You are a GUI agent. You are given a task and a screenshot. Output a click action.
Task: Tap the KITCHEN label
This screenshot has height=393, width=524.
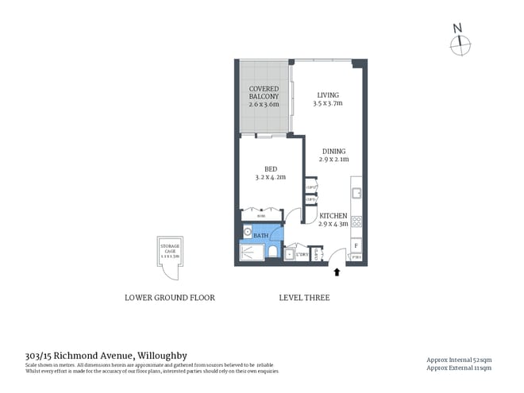coord(333,215)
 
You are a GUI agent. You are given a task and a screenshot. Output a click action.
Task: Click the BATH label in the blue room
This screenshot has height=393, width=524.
coord(260,237)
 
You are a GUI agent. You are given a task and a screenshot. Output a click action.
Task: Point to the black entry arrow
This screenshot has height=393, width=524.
coord(337,272)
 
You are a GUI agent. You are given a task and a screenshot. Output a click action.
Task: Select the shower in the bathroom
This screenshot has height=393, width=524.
coord(252,252)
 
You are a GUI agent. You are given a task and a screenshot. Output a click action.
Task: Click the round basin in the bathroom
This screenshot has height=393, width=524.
coord(247,233)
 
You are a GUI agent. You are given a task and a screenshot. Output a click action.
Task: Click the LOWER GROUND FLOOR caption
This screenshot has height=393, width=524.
coord(170,298)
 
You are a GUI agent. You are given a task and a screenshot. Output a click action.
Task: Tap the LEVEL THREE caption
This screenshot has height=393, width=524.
coord(304,298)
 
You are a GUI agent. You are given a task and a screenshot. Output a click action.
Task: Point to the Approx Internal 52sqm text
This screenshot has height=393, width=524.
coord(459,360)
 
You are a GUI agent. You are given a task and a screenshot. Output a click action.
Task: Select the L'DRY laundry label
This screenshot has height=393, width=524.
coord(302,254)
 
